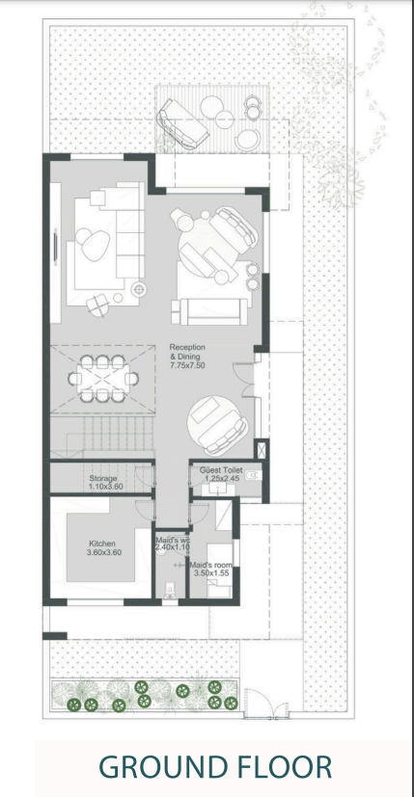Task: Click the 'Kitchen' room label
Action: (102, 544)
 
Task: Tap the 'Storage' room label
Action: (103, 478)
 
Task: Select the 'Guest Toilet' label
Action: (221, 470)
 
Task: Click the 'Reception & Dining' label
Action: (187, 351)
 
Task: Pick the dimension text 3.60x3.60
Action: (104, 552)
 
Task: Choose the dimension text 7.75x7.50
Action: (187, 364)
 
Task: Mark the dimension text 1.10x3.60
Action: (105, 487)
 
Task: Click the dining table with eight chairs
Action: (103, 378)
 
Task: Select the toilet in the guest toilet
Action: (252, 476)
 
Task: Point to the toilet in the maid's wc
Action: (171, 591)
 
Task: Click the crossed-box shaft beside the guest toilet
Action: (261, 449)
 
